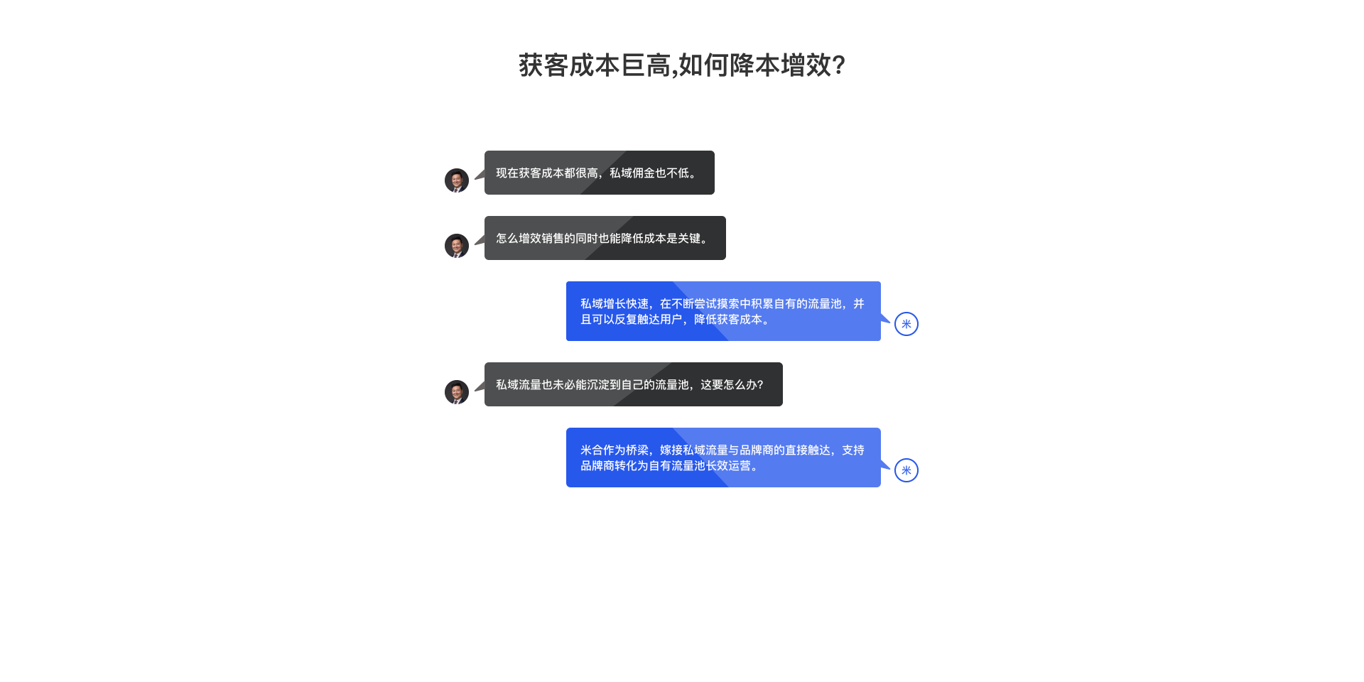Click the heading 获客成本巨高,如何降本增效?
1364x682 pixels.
pos(681,65)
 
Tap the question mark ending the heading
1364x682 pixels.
pos(838,65)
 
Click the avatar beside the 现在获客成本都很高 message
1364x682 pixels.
pos(457,180)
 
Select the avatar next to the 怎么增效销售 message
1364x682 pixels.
pos(457,246)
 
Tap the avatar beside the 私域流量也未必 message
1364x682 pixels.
pos(457,392)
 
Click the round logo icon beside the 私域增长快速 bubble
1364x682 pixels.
pos(906,324)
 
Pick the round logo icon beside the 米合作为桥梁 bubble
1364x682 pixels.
pos(906,470)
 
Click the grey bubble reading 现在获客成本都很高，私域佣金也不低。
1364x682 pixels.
pos(599,173)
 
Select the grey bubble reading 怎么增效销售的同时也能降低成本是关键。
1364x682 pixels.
pos(605,238)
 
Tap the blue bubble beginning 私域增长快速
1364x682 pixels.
pos(723,311)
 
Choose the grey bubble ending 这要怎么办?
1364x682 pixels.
pos(633,384)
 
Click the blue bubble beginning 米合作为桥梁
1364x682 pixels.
pos(723,458)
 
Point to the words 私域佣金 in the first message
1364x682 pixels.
pos(632,173)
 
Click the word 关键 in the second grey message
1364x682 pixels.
pos(689,239)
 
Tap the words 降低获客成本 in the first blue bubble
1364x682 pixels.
pos(728,320)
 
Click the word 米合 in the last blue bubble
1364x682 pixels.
pos(592,450)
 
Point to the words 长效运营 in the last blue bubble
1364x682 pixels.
pos(728,466)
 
